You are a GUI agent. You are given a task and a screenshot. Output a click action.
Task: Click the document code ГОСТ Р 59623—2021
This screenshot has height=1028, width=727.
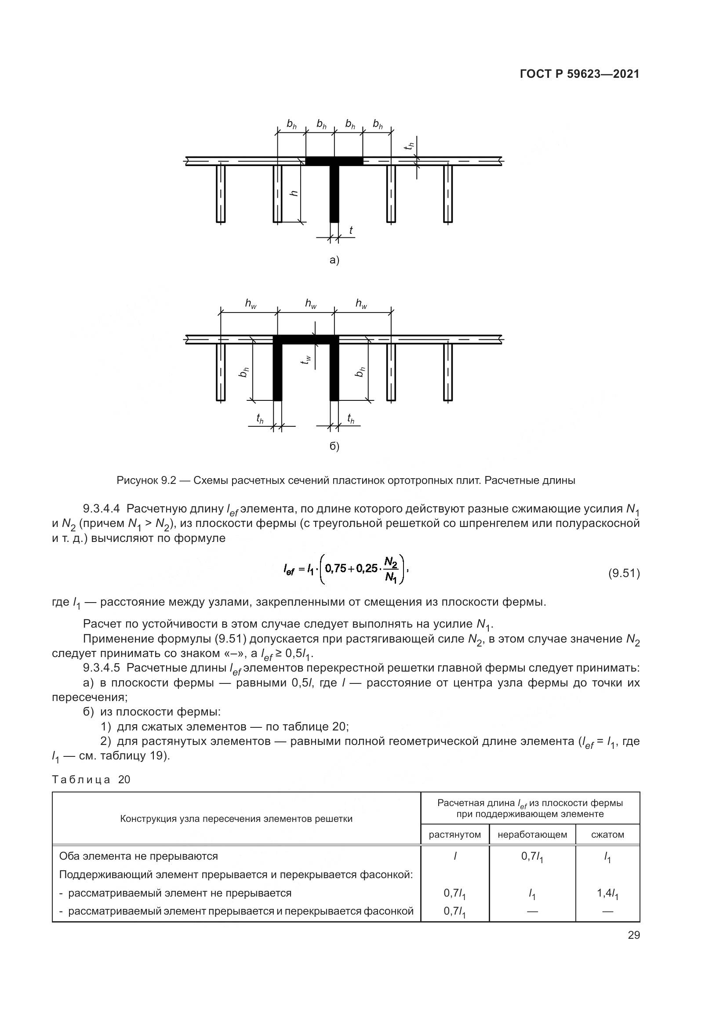coord(580,74)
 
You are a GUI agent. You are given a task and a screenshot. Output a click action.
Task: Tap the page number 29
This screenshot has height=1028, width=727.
coord(633,935)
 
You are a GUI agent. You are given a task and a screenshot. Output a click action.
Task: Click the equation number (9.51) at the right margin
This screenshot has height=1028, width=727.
coord(624,574)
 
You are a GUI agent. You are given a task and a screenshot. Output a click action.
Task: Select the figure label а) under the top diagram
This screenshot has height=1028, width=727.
coord(334,260)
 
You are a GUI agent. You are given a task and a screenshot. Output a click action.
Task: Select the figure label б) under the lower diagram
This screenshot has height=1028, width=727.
coord(334,447)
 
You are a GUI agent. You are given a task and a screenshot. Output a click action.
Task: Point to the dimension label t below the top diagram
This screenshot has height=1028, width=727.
coord(350,230)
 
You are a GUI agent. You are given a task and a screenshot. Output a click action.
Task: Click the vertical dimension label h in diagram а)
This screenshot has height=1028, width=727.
coord(294,193)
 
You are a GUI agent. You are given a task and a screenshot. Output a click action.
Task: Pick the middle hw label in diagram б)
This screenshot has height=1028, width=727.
coord(311,304)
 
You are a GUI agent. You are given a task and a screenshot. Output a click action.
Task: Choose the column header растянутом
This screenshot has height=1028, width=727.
coord(455,835)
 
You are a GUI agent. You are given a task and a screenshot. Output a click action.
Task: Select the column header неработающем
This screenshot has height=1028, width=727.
coord(532,835)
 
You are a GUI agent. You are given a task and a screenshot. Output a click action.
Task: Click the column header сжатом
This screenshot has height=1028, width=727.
coord(607,835)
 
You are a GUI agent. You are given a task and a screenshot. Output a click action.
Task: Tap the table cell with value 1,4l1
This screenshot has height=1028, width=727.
coord(607,894)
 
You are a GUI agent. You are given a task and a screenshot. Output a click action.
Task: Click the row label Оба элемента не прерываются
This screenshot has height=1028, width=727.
coord(138,856)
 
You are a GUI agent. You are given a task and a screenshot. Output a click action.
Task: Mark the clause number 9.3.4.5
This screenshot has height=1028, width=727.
coord(102,668)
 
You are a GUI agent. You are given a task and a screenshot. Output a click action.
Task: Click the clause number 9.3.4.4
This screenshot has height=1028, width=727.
coord(102,509)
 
